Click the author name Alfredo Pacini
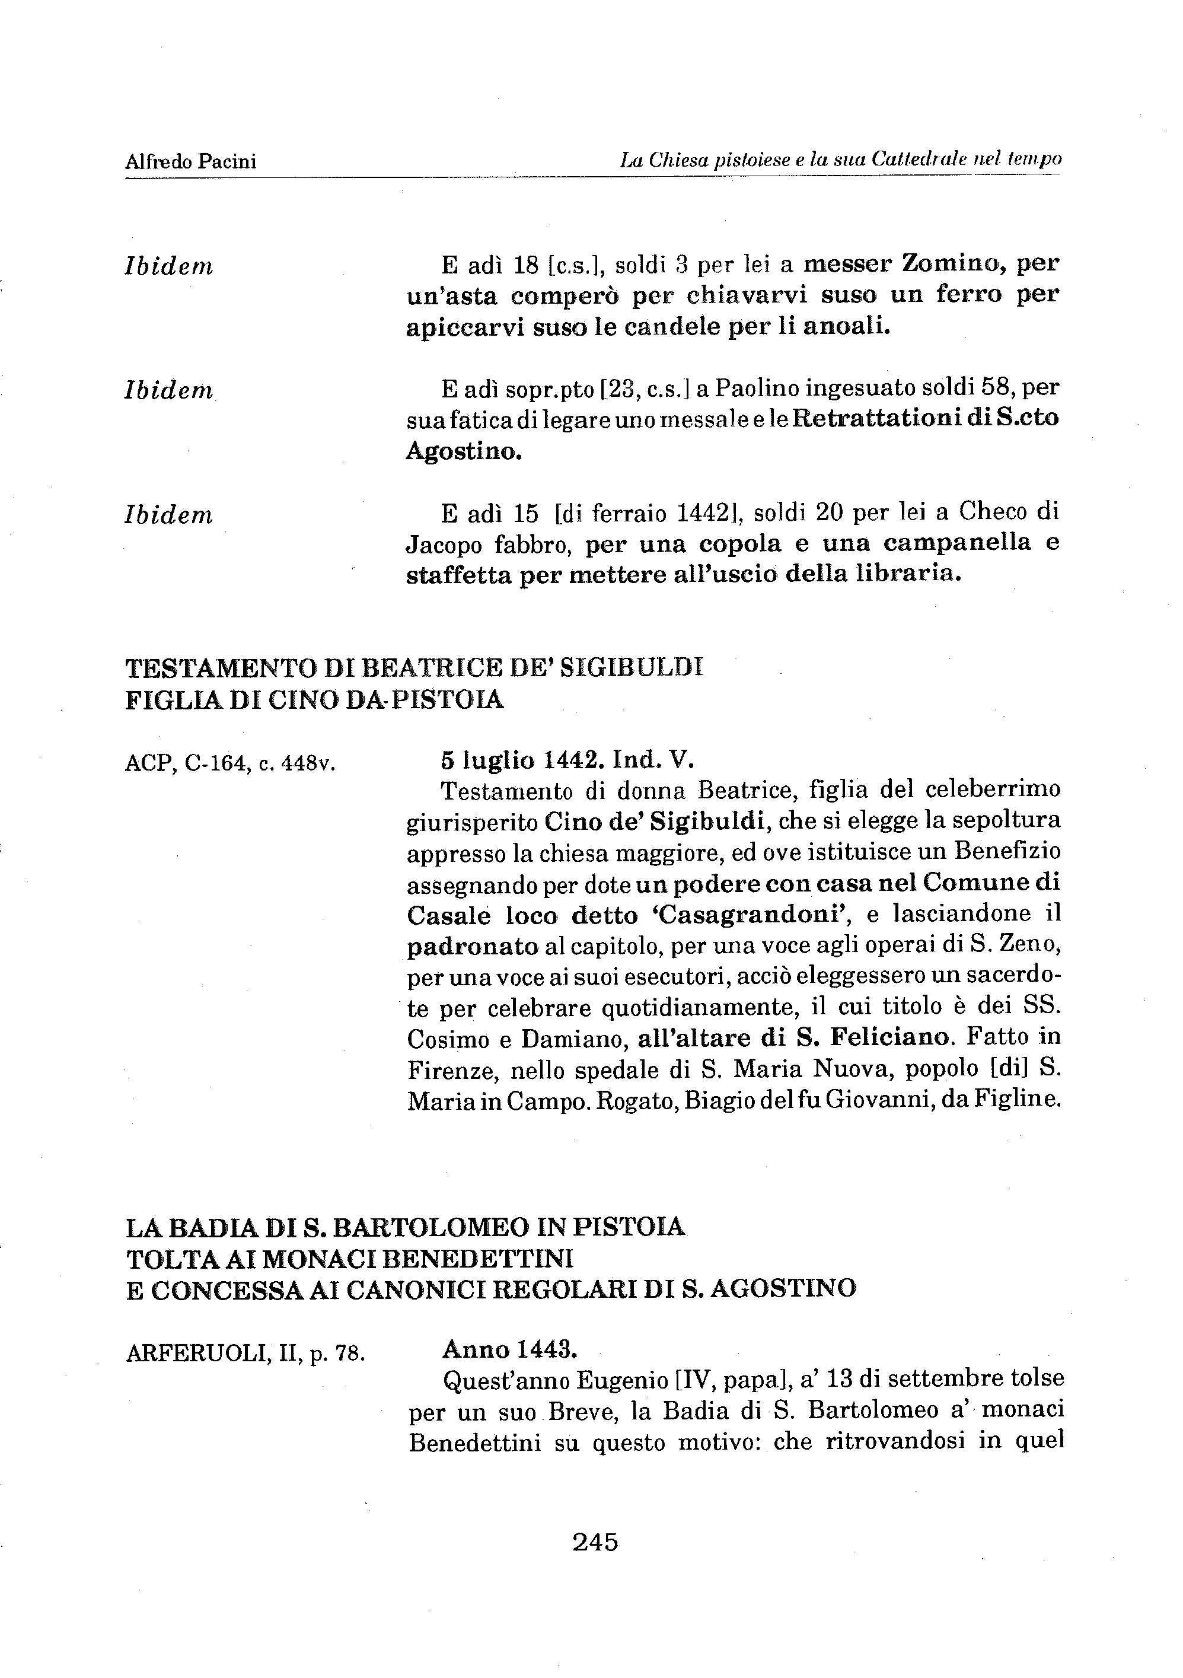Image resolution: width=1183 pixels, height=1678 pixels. pos(191,161)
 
